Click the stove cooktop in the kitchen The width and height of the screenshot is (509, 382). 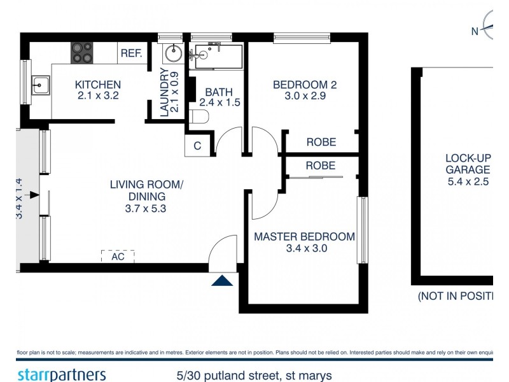click(x=81, y=52)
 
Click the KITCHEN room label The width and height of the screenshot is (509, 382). click(x=97, y=85)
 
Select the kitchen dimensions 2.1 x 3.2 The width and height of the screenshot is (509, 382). click(x=97, y=97)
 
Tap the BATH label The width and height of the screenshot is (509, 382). click(x=219, y=90)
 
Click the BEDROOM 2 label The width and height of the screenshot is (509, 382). click(x=304, y=85)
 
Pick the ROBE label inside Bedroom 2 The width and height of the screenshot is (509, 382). click(x=321, y=143)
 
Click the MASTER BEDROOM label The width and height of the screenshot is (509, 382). click(x=304, y=236)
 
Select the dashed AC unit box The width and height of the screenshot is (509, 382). click(x=118, y=257)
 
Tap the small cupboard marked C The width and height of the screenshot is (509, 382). click(x=197, y=146)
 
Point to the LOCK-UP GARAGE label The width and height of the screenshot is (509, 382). click(x=468, y=164)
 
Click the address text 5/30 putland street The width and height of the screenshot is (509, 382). click(x=254, y=376)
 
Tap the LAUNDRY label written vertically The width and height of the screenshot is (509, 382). click(x=165, y=92)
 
